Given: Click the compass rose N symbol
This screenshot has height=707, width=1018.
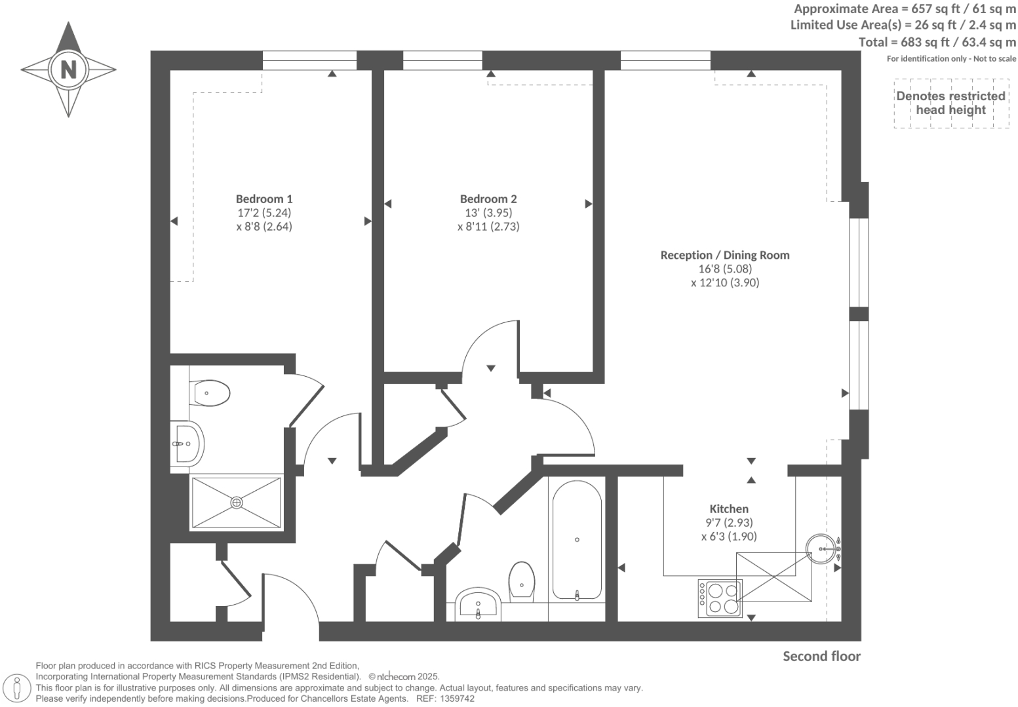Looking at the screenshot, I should tap(68, 69).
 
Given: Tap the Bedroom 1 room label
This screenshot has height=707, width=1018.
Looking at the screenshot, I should tap(264, 199).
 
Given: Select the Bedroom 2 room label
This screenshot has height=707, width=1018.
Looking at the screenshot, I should tap(488, 199).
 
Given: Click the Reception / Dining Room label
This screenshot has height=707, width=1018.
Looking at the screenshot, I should tap(724, 255).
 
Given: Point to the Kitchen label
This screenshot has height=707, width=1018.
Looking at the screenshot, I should tap(729, 508).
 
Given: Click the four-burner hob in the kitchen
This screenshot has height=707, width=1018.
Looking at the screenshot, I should tap(720, 598).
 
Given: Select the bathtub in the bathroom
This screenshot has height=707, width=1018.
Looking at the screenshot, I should tap(577, 540).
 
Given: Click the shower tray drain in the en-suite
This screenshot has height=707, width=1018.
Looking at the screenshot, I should tap(237, 503).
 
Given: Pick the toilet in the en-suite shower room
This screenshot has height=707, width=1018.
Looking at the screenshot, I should tap(210, 393).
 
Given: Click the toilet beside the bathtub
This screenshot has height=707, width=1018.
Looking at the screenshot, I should tap(522, 581).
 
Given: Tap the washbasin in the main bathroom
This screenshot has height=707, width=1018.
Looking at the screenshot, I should tap(479, 604).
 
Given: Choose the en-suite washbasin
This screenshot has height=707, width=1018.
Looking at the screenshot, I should tap(188, 443).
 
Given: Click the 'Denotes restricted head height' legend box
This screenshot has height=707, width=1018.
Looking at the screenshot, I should tap(950, 103).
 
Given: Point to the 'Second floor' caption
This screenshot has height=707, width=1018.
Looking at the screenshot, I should tap(821, 657).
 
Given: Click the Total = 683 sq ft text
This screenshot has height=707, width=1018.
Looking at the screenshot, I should tap(937, 42).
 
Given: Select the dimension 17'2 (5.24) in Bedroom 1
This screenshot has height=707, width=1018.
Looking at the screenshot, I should tap(264, 212).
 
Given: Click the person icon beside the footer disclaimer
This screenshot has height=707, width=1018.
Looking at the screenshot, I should tap(18, 689).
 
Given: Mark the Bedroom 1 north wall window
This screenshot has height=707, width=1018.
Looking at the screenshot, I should tap(309, 60).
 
